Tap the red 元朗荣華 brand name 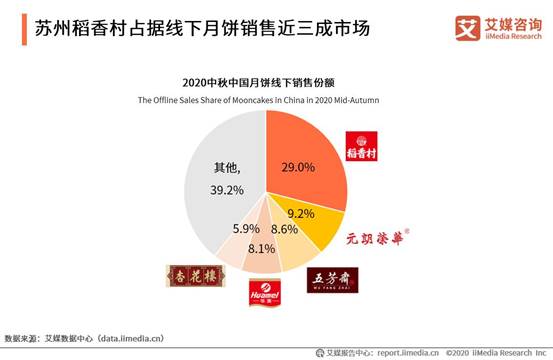[x=380, y=239]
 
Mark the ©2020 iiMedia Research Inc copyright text [x=495, y=352]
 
